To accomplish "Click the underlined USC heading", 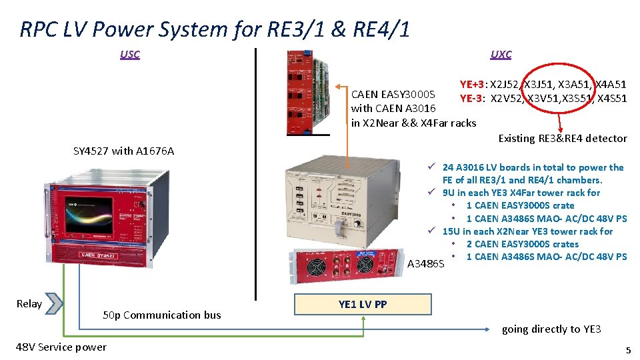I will click(x=130, y=55).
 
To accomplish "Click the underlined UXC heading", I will click(x=501, y=55).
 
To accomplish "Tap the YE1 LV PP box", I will click(x=363, y=305).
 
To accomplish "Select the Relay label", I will click(x=29, y=304).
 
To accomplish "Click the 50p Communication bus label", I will click(x=162, y=315).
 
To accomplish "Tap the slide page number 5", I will click(x=627, y=350).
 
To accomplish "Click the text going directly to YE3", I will click(x=551, y=329).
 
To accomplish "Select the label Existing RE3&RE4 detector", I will click(x=563, y=139).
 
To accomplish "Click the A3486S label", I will click(x=425, y=264).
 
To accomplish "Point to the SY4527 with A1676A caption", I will click(x=123, y=151).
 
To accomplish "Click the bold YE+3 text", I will click(x=473, y=85).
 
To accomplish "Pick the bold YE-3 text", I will click(x=473, y=99).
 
